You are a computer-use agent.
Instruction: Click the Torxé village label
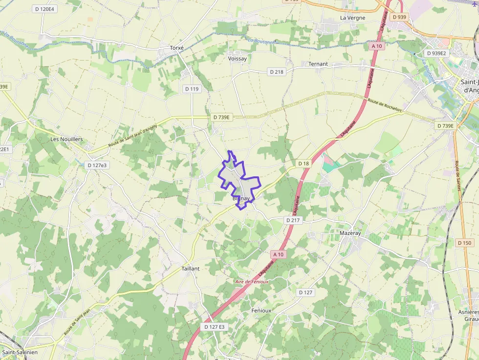coord(176,48)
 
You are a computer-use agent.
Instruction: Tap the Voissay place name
coord(238,59)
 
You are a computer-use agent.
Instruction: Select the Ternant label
coord(318,64)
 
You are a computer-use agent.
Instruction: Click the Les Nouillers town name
coord(66,139)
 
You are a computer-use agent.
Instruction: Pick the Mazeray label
coord(350,233)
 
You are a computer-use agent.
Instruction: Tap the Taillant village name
coord(191,269)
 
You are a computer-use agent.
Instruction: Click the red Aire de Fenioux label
coord(252,282)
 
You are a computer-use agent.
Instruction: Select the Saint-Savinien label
coord(20,352)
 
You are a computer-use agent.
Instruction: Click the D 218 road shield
coord(277,72)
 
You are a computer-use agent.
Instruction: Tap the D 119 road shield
coord(192,89)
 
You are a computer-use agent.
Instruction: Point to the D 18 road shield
coord(304,163)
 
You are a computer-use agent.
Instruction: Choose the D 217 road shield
coord(293,220)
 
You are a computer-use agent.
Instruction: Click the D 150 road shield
coord(465,243)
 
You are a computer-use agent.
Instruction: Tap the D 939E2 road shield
coord(436,53)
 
